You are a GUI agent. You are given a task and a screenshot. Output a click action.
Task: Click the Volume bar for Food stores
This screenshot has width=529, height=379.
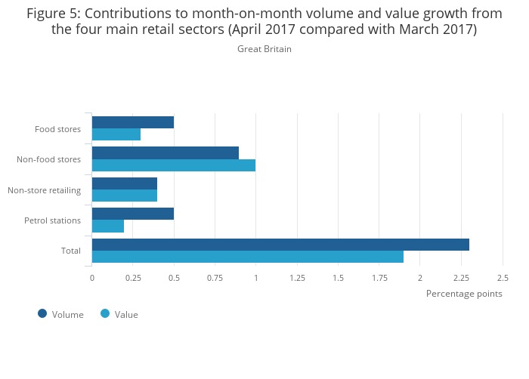pos(133,122)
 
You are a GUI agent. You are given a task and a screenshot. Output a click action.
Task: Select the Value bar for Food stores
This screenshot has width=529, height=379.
pos(116,134)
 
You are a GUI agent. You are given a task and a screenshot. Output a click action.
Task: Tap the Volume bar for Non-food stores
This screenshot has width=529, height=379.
pos(166,153)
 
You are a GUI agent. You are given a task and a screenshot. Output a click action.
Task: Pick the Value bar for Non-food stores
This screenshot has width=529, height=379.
pos(174,165)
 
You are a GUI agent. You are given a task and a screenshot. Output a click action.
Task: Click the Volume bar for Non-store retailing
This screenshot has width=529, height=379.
pos(125,183)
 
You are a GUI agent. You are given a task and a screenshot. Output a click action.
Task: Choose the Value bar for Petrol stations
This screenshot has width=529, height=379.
pos(108,226)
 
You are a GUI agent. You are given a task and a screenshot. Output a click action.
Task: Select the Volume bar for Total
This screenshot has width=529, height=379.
pos(280,245)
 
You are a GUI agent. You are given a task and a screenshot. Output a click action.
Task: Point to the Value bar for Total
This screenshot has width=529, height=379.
pos(248,257)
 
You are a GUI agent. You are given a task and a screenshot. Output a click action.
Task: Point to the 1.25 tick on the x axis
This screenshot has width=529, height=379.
pos(297,278)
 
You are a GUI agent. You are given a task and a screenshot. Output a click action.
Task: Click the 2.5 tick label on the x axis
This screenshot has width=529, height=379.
pos(502,278)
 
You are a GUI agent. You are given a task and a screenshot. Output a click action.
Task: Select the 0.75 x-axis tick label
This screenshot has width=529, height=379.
pos(215,278)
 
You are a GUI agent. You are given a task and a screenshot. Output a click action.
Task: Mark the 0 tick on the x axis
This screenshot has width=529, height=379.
pos(92,278)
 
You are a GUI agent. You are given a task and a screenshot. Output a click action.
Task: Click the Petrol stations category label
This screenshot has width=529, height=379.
pos(53,220)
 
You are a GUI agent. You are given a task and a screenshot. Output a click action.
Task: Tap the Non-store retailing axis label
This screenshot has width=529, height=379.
pos(45,189)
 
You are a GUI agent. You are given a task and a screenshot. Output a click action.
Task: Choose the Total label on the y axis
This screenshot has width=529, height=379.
pos(70,251)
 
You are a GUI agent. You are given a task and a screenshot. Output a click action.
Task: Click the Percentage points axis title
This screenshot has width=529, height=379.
pos(464,294)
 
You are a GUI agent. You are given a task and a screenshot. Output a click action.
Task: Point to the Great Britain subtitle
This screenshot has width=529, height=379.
pos(264,49)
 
